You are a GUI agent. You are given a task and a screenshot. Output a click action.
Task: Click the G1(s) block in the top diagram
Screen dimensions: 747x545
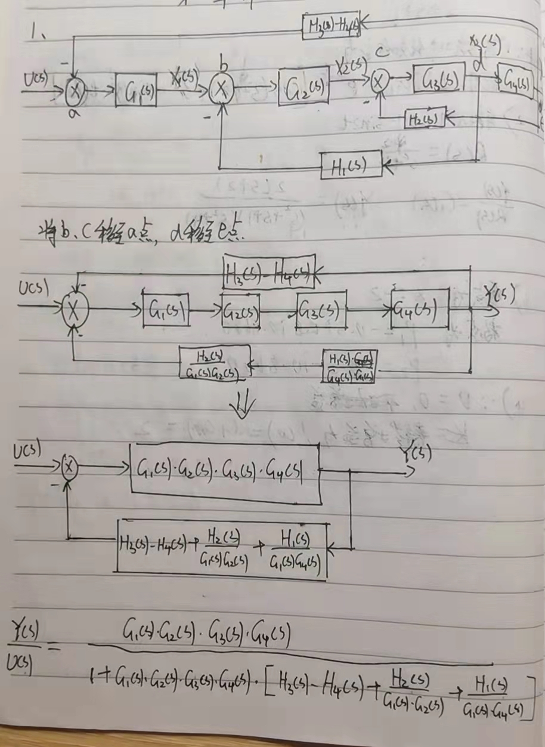137,91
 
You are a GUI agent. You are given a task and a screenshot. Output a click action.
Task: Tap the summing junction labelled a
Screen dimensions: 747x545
76,91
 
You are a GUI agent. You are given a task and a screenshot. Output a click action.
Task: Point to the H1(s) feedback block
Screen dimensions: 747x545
351,165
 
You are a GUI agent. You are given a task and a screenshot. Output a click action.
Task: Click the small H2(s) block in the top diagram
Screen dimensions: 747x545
423,119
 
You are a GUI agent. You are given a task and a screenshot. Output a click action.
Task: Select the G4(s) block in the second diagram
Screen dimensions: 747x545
419,308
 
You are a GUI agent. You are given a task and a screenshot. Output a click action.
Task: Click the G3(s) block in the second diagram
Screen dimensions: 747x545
321,310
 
